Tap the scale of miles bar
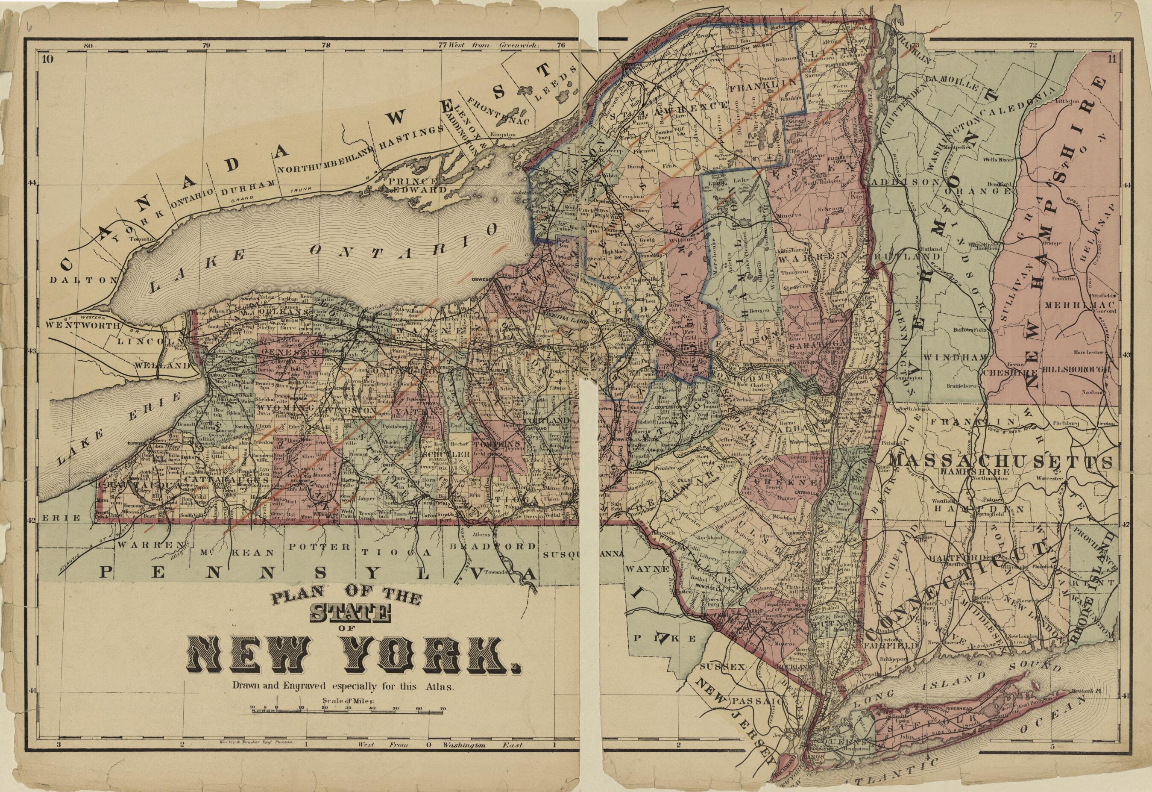point(347,713)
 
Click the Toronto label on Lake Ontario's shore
point(139,238)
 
